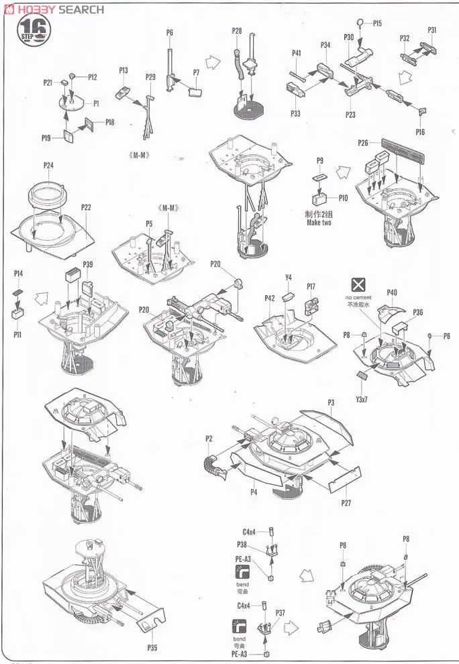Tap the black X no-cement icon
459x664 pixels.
tap(360, 284)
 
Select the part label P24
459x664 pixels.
tap(48, 165)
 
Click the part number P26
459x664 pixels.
tap(363, 142)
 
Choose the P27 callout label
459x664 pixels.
tap(346, 502)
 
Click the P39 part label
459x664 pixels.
tap(88, 264)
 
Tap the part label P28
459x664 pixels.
tap(237, 31)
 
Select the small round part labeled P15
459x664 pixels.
tap(360, 23)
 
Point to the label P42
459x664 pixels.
tap(270, 298)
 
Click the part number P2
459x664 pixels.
tap(209, 439)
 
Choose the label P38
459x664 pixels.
tap(242, 544)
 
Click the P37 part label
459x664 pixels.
tap(280, 612)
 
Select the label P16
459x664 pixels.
tap(420, 132)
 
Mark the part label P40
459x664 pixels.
tap(393, 292)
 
